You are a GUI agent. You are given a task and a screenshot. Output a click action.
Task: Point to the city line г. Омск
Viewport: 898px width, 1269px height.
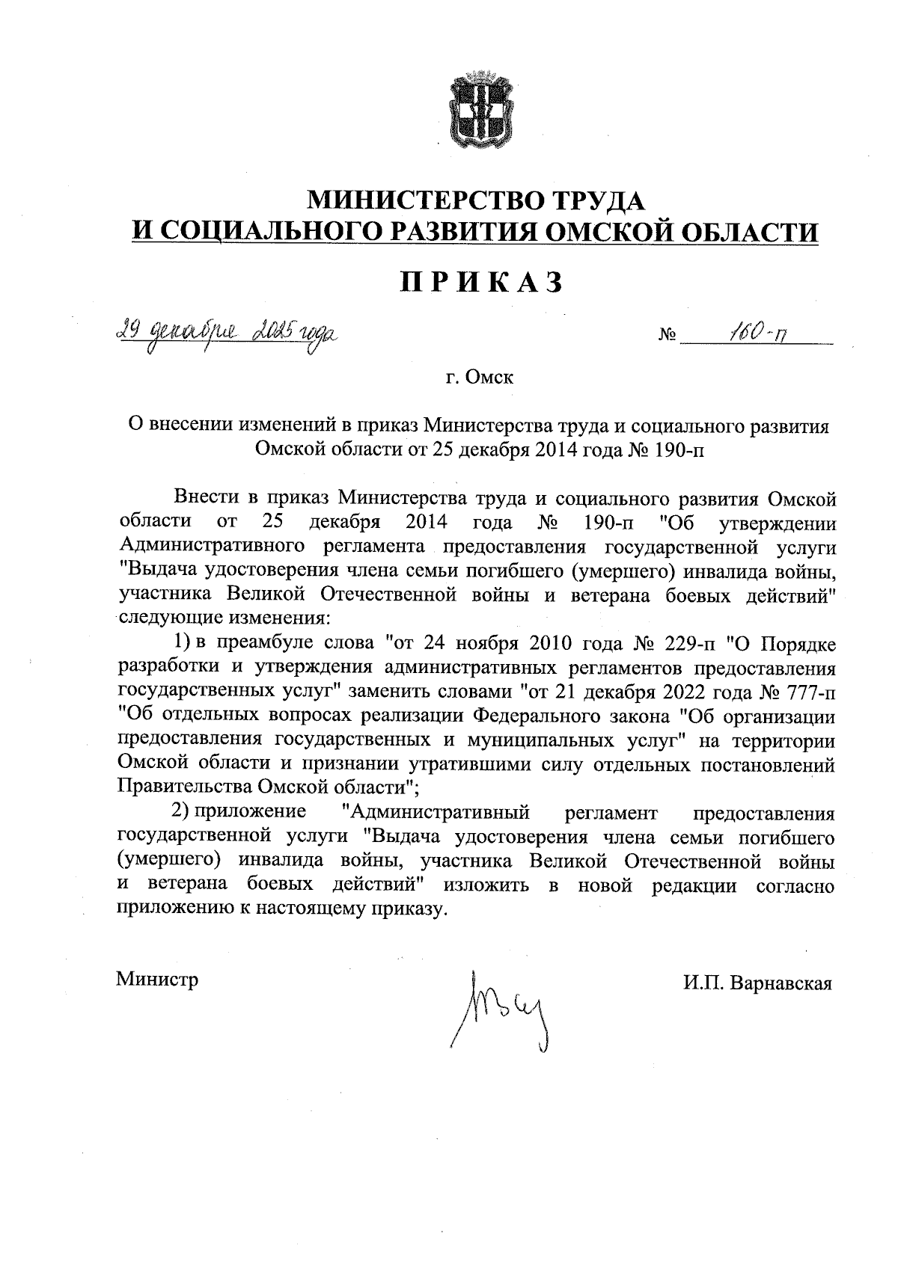pos(480,378)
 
